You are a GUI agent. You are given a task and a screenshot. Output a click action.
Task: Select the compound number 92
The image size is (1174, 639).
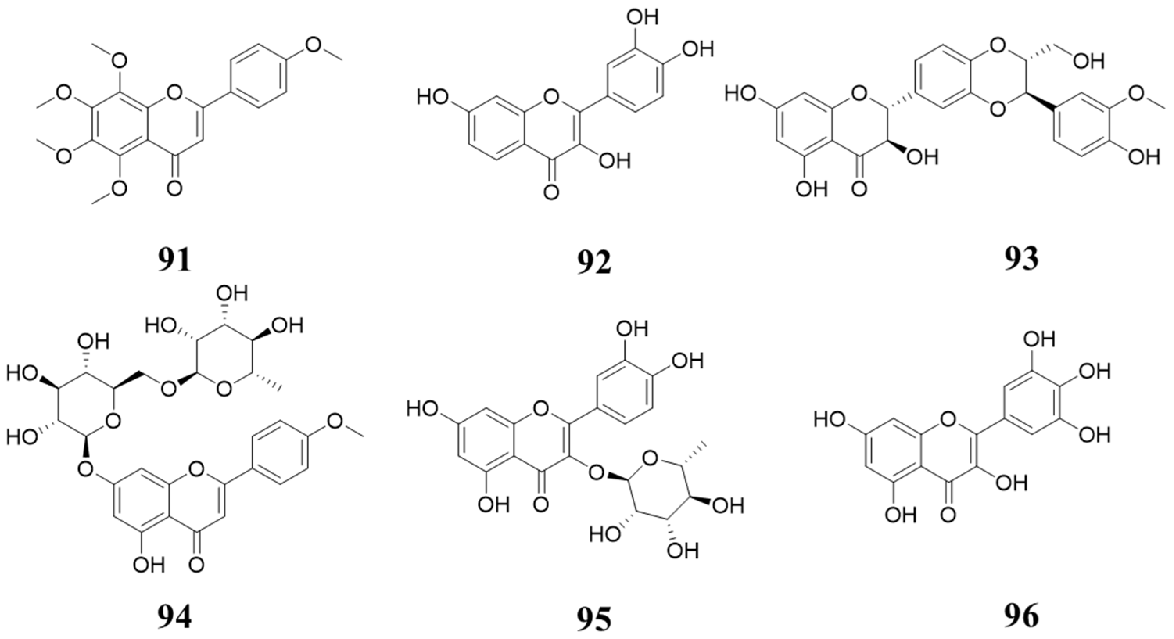coord(594,262)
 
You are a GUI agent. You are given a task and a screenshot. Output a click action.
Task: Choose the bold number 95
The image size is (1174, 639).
coord(594,619)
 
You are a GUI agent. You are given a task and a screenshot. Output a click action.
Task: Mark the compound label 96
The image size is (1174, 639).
coord(1021,617)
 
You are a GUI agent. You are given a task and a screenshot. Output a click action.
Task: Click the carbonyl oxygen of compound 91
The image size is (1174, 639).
coord(174,187)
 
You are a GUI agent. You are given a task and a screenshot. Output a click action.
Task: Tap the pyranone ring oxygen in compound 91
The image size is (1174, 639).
coord(174,94)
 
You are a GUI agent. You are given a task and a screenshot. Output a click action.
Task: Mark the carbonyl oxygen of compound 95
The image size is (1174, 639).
coord(541,504)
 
